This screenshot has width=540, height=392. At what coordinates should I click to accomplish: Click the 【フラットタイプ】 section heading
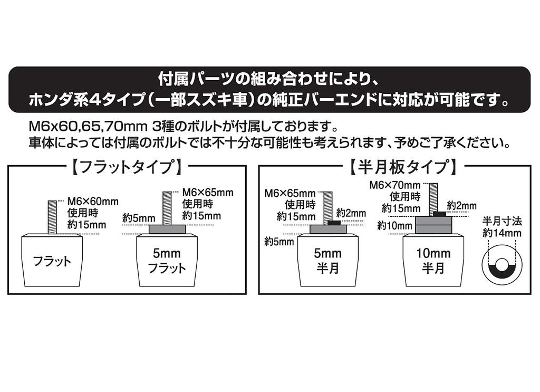click(127, 168)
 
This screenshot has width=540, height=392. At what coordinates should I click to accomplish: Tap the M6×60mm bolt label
click(93, 201)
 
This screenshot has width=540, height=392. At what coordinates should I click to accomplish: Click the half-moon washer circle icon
click(502, 264)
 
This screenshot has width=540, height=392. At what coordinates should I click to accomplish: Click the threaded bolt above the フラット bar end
click(52, 216)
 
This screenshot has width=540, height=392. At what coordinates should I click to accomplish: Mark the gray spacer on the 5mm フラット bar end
click(167, 229)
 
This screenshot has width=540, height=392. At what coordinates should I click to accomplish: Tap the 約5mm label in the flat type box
click(139, 217)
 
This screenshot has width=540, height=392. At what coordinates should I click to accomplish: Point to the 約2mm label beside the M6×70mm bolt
click(462, 205)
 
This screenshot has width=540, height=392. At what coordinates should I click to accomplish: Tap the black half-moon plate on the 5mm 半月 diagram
click(333, 223)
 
